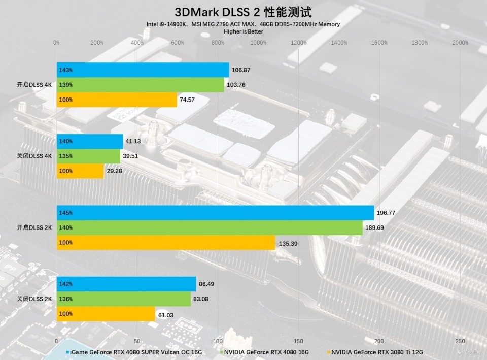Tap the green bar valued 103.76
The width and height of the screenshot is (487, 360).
[x=140, y=85]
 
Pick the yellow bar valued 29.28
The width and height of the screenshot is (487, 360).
[x=80, y=171]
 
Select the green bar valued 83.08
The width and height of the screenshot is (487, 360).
[x=123, y=299]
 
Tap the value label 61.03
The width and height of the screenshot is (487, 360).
[x=166, y=315]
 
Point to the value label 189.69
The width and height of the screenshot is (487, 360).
[x=374, y=228]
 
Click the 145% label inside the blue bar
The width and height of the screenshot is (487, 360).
[x=66, y=213]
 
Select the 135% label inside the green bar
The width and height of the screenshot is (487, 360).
[x=66, y=156]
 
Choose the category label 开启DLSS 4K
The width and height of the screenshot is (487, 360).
[x=34, y=85]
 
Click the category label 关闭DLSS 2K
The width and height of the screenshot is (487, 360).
[x=34, y=299]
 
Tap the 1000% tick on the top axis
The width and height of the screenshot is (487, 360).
[x=258, y=43]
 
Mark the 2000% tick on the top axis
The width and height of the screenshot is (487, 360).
[x=460, y=43]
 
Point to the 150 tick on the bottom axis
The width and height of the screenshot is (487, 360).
[x=298, y=341]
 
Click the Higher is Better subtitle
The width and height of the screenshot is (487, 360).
[x=243, y=31]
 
